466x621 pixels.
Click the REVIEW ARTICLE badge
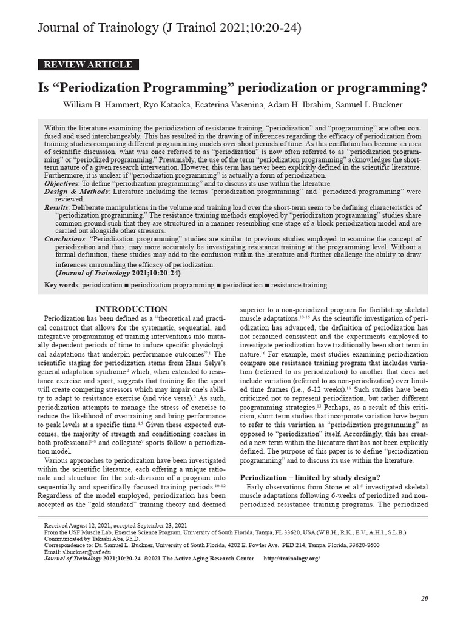(88, 65)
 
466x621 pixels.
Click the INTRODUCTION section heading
(132, 309)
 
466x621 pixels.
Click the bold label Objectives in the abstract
(61, 183)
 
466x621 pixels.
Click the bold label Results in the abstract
(56, 207)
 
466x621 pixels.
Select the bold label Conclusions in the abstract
(64, 239)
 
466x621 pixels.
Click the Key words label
(62, 284)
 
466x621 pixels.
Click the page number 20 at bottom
(424, 598)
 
